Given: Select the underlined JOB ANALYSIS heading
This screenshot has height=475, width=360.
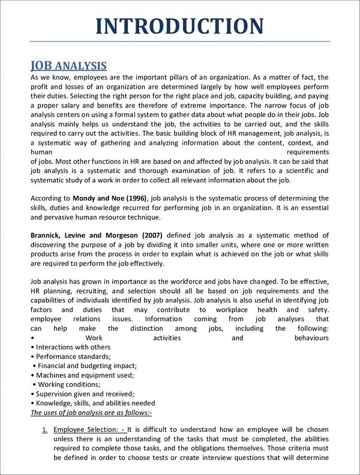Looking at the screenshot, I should point(68,65).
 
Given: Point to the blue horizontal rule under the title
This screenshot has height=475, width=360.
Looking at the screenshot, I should point(180,42).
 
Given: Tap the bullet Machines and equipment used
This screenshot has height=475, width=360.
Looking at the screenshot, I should point(85,375).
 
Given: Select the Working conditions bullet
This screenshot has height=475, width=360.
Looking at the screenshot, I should point(69,384).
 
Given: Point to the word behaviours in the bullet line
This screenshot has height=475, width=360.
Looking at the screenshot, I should point(311,338).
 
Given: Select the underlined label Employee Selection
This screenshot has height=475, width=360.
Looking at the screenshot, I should point(87,430).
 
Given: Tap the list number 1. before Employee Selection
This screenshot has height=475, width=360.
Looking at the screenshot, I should point(44,430).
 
